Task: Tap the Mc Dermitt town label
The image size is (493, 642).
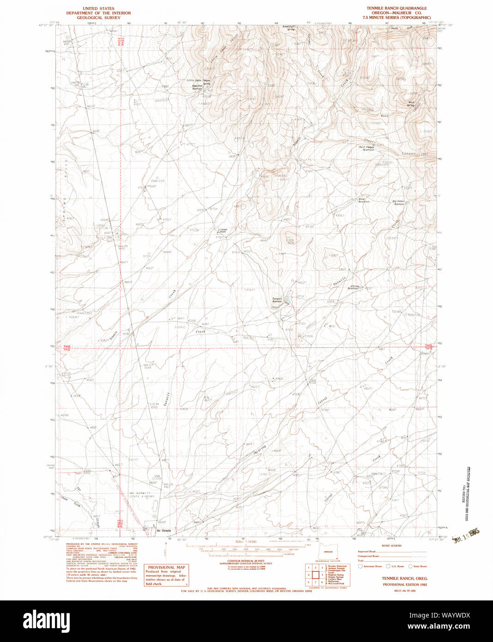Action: (x=163, y=530)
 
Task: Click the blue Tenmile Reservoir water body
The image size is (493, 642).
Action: (x=287, y=301)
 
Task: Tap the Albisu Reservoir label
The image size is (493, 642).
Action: (x=354, y=287)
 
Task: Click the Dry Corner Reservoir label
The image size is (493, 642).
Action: (x=399, y=202)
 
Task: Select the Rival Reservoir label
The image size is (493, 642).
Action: (x=362, y=200)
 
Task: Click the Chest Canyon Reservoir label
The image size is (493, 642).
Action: (x=367, y=148)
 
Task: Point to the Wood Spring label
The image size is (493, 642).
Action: (x=410, y=103)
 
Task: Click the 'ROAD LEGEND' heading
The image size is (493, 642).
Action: (x=391, y=545)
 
